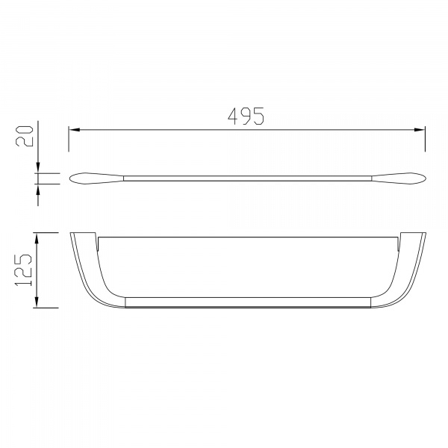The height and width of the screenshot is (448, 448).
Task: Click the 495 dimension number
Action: pyautogui.click(x=246, y=116)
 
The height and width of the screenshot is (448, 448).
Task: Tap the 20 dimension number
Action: pyautogui.click(x=25, y=137)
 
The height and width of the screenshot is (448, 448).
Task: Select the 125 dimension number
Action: pyautogui.click(x=23, y=270)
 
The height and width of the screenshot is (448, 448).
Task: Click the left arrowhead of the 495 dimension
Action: pyautogui.click(x=74, y=130)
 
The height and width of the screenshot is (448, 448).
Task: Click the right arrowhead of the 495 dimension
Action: pyautogui.click(x=420, y=130)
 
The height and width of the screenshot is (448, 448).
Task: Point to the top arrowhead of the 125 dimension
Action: pyautogui.click(x=37, y=238)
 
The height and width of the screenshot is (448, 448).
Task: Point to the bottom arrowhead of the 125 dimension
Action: pyautogui.click(x=37, y=302)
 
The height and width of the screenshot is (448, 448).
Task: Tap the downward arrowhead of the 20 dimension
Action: pyautogui.click(x=38, y=168)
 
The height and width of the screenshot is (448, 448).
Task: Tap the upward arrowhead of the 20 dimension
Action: pyautogui.click(x=38, y=189)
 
